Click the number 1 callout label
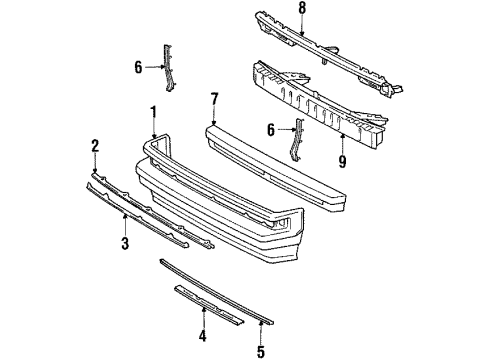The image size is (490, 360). pyautogui.click(x=153, y=109)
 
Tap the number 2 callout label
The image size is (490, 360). pyautogui.click(x=95, y=145)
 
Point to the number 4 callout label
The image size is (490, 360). pyautogui.click(x=202, y=336)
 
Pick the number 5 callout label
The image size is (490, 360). pyautogui.click(x=261, y=351)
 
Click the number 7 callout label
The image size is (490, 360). pyautogui.click(x=214, y=97)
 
